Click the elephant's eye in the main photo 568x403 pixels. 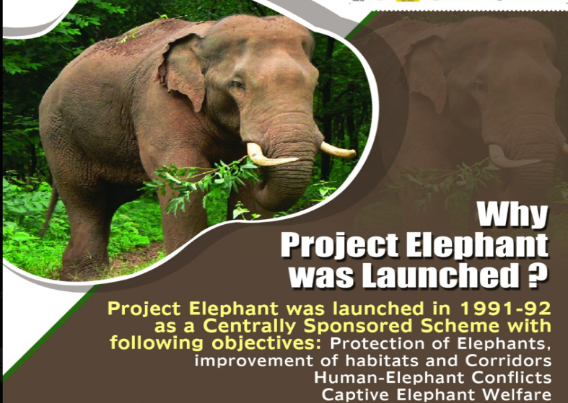coord(238,84)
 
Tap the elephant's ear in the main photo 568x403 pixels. coord(182,71)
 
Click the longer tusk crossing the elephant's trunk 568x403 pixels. coord(270,155)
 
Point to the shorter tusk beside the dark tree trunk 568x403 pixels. coord(338,149)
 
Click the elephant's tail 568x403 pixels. coord(50,210)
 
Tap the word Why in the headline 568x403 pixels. coord(512,215)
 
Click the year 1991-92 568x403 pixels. coord(505,309)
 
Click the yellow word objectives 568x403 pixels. coord(266,343)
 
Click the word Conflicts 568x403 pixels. coord(511,377)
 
